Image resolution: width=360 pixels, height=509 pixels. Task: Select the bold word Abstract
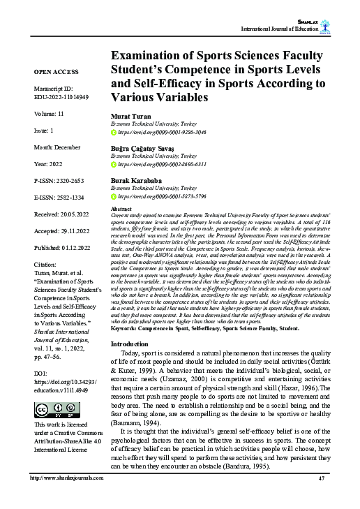(x=122, y=209)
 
